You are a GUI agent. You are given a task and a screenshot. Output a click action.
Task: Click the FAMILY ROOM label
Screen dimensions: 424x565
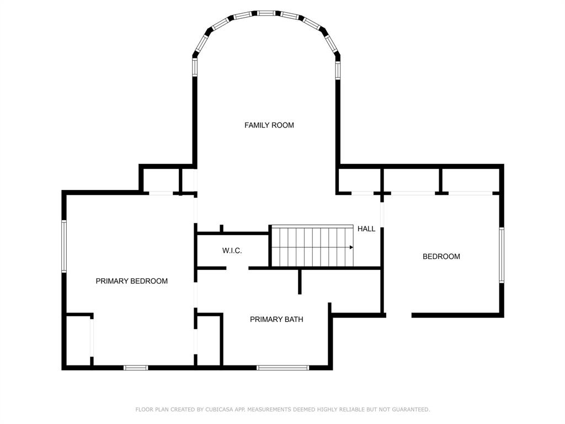(x=269, y=125)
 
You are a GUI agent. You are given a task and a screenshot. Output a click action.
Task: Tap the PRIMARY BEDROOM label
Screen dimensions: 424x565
(x=131, y=281)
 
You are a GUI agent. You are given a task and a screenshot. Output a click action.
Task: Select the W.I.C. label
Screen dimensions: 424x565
(x=232, y=251)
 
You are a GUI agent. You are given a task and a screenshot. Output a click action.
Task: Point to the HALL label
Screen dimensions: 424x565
(x=366, y=229)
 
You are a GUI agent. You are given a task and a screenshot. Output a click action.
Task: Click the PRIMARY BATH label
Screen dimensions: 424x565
(x=276, y=319)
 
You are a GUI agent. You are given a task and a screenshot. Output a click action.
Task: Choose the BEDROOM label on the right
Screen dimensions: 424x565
(x=441, y=256)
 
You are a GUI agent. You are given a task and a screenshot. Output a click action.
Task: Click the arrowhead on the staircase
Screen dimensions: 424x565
(x=351, y=247)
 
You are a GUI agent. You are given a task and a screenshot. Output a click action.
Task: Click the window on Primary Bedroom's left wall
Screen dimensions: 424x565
(x=64, y=246)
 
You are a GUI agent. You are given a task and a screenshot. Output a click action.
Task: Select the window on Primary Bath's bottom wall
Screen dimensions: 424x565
(x=282, y=368)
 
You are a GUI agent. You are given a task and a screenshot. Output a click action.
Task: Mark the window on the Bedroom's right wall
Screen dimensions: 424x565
(x=501, y=255)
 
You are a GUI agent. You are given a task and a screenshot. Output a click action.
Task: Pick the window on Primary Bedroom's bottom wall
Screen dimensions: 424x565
(x=136, y=368)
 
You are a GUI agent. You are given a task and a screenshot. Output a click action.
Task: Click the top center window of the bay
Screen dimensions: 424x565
(x=266, y=13)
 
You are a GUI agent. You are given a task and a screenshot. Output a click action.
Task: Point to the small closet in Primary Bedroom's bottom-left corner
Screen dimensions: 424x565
(x=78, y=340)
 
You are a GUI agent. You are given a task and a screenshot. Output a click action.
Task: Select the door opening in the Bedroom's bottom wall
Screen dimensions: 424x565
(x=398, y=315)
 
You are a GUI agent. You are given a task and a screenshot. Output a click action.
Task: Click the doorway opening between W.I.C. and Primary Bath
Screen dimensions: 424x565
(x=237, y=268)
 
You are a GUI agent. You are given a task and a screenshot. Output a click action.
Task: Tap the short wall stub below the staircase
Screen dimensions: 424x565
(x=300, y=282)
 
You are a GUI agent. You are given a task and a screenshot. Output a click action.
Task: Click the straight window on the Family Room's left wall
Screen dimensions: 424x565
(x=194, y=67)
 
